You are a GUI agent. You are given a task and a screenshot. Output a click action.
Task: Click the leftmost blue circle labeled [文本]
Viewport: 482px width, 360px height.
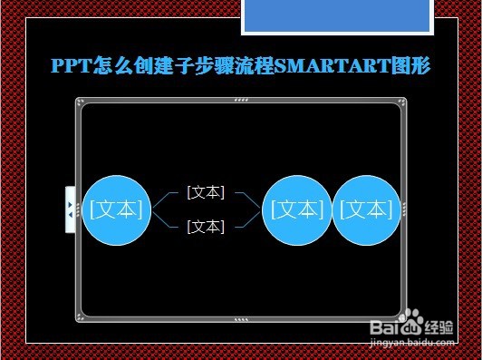click(116, 209)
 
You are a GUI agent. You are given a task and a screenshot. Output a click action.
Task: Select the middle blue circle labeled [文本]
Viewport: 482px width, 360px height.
click(296, 209)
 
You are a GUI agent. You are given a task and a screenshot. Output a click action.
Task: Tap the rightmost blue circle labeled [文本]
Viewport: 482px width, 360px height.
click(366, 209)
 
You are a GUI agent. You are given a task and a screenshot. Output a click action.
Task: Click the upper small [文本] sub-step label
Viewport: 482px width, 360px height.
click(206, 192)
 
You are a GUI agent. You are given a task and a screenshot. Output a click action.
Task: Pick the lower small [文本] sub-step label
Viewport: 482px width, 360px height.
click(206, 227)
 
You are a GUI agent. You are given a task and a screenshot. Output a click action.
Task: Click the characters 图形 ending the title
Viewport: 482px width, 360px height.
click(412, 65)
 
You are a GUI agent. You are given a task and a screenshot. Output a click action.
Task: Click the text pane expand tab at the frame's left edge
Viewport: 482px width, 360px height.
click(70, 209)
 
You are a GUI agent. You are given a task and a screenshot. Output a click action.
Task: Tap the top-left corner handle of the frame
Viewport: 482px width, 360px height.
click(81, 103)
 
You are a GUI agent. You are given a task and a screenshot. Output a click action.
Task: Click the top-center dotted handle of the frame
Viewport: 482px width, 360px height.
click(240, 101)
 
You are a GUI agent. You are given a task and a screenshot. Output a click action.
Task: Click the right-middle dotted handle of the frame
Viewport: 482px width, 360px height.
click(403, 209)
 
